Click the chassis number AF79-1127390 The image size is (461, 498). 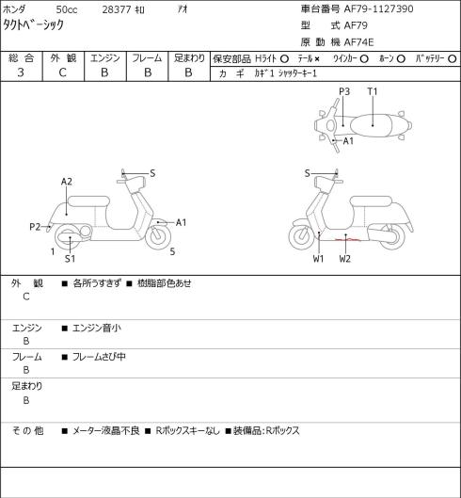tap(379, 8)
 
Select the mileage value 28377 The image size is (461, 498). tap(117, 9)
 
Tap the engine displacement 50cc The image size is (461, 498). tap(67, 9)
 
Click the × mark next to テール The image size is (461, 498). tap(317, 59)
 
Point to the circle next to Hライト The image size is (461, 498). tap(284, 58)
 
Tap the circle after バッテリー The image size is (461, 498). tap(453, 58)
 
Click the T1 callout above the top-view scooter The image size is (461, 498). tap(373, 91)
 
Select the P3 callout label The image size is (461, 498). tap(344, 91)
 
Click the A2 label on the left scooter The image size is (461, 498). tap(67, 182)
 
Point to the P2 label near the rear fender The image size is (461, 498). tap(35, 227)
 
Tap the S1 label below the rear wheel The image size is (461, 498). tap(70, 259)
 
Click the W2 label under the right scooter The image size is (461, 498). tap(344, 259)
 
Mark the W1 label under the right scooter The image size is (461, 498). tap(318, 259)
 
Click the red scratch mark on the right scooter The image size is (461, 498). tap(347, 239)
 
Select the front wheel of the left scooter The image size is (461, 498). tap(158, 236)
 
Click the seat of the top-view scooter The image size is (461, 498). tap(371, 125)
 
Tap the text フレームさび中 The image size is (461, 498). tap(99, 357)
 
